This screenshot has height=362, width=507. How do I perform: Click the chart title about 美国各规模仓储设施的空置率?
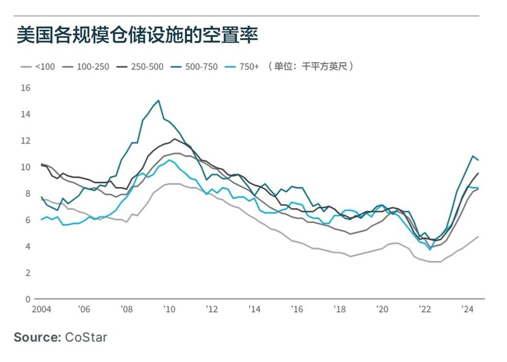[137, 36]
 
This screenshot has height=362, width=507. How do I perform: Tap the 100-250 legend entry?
[87, 66]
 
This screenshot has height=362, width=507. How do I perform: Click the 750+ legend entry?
[244, 66]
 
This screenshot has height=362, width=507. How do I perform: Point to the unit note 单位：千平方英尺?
[311, 66]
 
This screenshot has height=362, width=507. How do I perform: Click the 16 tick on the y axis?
[25, 87]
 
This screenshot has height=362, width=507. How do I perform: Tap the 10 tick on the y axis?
[25, 167]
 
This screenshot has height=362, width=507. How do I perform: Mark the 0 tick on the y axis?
[28, 299]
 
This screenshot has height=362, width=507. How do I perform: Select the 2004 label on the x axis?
[42, 309]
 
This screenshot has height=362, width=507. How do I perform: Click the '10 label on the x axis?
[169, 309]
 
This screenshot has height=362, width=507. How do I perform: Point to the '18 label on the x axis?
[339, 309]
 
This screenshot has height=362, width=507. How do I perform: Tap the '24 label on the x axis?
[468, 309]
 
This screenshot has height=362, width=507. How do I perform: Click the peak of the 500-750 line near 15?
[158, 100]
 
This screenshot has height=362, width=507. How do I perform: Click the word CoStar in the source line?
[86, 337]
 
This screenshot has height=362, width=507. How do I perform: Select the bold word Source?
[37, 337]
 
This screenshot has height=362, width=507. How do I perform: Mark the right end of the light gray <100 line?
[477, 236]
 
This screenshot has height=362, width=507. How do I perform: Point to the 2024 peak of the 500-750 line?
[472, 156]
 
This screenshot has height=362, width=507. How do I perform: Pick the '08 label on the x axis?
[126, 309]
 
